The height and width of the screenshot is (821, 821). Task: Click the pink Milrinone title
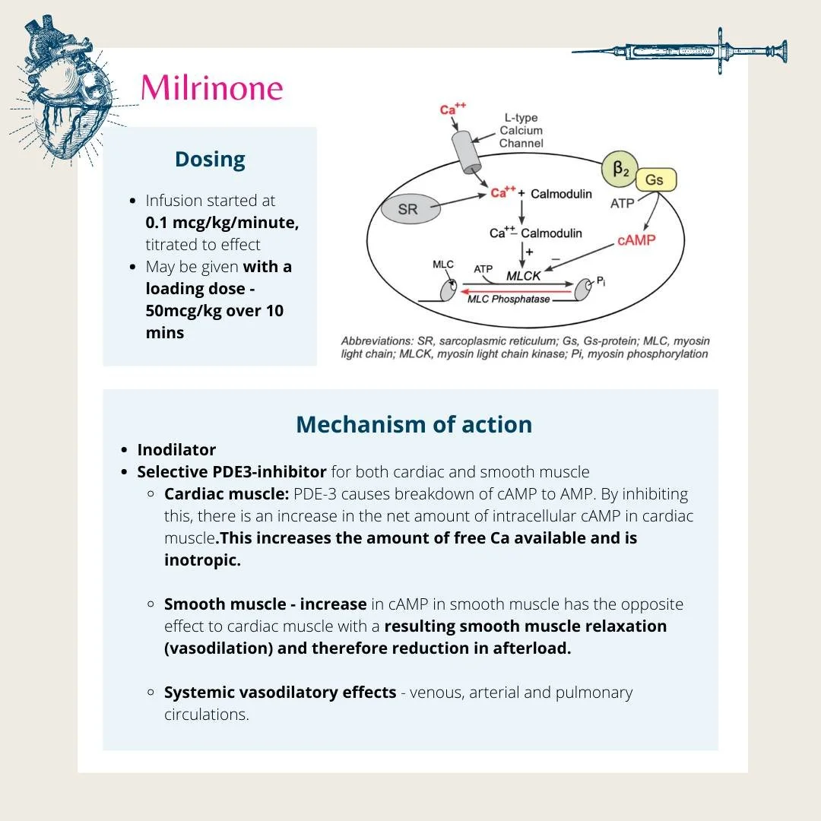coord(211,87)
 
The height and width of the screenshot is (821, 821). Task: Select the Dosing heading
coord(210,160)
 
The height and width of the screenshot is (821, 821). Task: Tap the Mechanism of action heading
coord(414,424)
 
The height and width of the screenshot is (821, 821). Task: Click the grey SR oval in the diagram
coord(408,209)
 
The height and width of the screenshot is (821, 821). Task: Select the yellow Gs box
coord(654,180)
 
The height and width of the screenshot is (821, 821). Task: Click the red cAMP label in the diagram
coord(636,239)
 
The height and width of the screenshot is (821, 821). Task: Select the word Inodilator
coord(176,449)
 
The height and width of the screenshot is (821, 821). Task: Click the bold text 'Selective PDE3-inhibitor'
coord(232,471)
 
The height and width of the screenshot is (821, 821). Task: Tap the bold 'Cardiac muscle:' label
coord(226,493)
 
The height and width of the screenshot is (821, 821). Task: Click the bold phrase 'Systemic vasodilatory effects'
coord(280,693)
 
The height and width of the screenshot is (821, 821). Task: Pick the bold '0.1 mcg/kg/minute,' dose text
coord(222,223)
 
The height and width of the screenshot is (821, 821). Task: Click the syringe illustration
coord(680,51)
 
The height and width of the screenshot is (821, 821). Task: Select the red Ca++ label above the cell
coord(452,109)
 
